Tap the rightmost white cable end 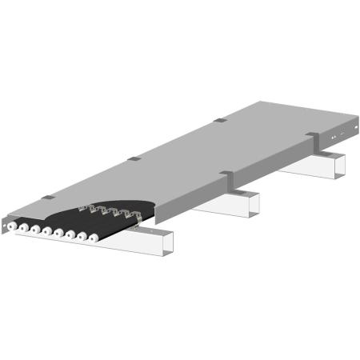(94, 238)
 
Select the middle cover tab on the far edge (134, 158)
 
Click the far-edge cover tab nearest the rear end (218, 121)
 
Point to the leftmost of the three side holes (334, 133)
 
